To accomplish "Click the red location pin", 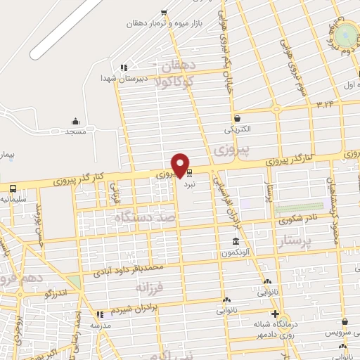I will click(x=181, y=165).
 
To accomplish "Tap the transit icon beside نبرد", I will click(x=189, y=171).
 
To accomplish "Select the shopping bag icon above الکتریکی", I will click(x=238, y=118).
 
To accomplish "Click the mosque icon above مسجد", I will click(x=75, y=122).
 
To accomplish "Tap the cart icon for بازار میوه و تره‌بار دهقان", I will click(x=164, y=12).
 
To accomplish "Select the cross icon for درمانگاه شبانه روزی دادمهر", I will click(x=275, y=314).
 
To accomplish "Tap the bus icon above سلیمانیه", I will click(x=13, y=188).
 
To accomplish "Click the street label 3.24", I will click(x=325, y=104).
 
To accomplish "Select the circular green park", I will click(x=345, y=36).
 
